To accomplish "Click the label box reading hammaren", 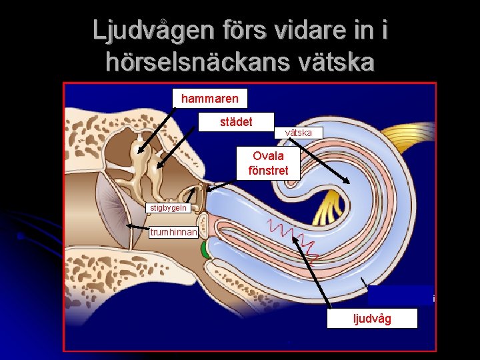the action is (209, 99).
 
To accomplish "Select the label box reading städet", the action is (236, 122).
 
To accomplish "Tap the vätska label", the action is (299, 133).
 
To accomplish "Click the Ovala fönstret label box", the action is (268, 163).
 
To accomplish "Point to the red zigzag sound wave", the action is (294, 237).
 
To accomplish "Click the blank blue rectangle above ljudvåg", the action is (399, 295).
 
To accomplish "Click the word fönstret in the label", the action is (268, 171).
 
